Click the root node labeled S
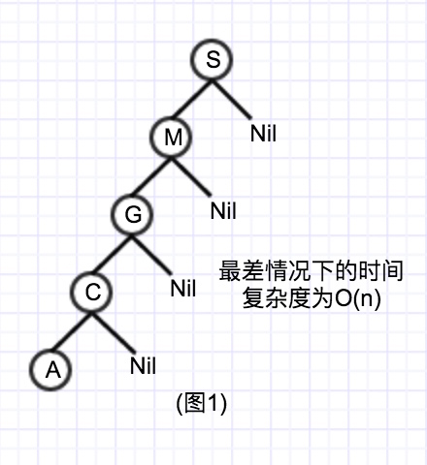(212, 59)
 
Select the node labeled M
(172, 137)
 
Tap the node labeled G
(132, 214)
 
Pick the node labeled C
(92, 292)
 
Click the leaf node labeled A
(51, 369)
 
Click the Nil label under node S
(263, 133)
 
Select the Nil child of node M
(223, 210)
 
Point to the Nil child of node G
(183, 288)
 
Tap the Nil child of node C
(143, 365)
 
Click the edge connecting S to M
(192, 99)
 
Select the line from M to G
(152, 176)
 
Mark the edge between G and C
(112, 254)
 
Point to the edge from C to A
(72, 331)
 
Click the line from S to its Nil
(232, 99)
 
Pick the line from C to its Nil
(114, 332)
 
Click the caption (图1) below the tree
(201, 403)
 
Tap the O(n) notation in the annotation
(358, 298)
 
